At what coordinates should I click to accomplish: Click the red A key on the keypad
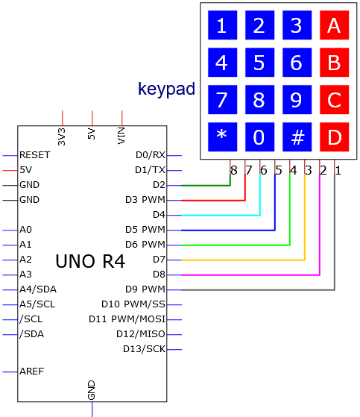coord(334,25)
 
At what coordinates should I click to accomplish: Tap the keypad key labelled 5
coord(259,62)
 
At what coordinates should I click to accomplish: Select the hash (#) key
coord(297,137)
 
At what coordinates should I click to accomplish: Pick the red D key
coord(334,137)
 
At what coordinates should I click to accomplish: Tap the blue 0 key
coord(259,137)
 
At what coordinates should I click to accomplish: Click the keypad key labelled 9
coord(297,100)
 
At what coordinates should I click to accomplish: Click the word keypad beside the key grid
coord(166,90)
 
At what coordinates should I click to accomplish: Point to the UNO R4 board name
coord(90,261)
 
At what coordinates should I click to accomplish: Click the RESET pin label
coord(35,154)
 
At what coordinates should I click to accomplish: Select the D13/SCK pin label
coord(144,349)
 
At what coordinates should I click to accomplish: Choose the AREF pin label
coord(31,371)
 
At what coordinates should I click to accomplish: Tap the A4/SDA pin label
coord(38,289)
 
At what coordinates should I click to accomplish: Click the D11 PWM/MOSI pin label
coord(127,319)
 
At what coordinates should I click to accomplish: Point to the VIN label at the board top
coord(121,136)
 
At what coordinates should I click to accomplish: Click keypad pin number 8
coord(234,171)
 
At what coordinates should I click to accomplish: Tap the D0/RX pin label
coord(151,154)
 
